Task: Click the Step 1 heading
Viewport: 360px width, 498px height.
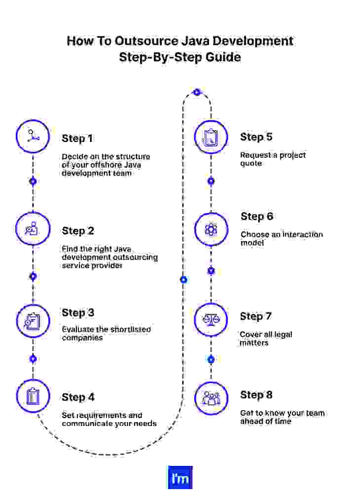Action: tap(77, 139)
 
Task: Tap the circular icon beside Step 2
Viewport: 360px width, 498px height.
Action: tap(33, 229)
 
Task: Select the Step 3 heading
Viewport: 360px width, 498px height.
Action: tap(78, 313)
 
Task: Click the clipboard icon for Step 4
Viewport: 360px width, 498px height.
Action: tap(33, 396)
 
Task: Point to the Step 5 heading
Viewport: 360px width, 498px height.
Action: tap(256, 137)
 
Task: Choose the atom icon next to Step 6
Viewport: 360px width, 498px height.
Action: tap(211, 229)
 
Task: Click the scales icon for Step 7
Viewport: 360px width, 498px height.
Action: tap(211, 320)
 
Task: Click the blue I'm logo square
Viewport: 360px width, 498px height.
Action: tap(180, 478)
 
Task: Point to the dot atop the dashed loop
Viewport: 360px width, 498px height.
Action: tap(197, 92)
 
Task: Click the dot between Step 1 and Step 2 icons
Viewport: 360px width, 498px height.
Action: tap(33, 181)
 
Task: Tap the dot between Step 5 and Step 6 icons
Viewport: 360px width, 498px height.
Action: tap(211, 181)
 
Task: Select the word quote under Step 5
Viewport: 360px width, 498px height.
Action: tap(251, 163)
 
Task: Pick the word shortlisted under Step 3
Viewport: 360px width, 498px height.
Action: tap(127, 329)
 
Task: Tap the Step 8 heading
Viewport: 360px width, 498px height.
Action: tap(256, 395)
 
